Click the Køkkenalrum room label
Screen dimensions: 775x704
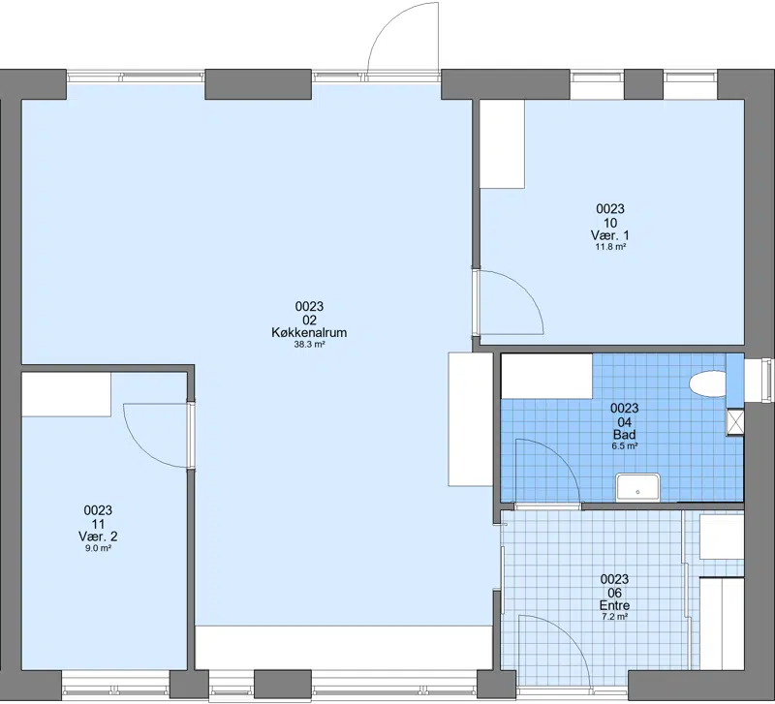(x=309, y=332)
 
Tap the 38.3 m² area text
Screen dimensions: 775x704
(x=309, y=345)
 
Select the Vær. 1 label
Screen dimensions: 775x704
(x=610, y=234)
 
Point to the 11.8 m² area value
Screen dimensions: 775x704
(x=610, y=247)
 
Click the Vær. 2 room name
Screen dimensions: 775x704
(x=98, y=536)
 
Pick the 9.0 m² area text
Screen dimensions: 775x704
(x=98, y=548)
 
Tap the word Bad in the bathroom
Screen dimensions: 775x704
(x=624, y=434)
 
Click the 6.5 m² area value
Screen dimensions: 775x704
(x=624, y=446)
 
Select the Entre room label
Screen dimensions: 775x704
(x=614, y=605)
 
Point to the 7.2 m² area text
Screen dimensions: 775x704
(x=614, y=617)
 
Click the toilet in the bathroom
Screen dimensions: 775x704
(x=707, y=383)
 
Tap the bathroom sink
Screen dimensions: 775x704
(x=637, y=487)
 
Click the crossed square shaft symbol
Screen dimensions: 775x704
(x=734, y=422)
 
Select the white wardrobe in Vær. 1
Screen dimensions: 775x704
(x=502, y=143)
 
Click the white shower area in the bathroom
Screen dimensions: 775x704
(x=547, y=376)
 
